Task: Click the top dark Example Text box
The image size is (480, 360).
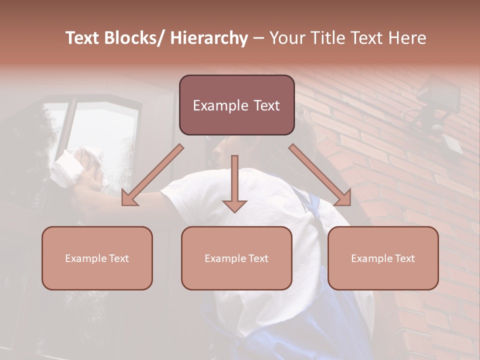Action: pos(236,105)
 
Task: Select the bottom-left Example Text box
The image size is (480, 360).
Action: pos(97,258)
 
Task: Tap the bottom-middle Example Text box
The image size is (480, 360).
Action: pos(236,258)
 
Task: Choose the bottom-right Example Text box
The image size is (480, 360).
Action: pos(383,258)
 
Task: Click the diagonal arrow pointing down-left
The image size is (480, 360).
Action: pos(152,175)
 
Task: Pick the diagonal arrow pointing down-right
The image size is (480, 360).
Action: pos(320,175)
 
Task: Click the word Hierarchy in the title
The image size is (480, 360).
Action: pos(209,38)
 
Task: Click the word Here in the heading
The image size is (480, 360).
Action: pos(407,38)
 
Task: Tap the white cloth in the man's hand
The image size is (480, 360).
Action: pos(75,165)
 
